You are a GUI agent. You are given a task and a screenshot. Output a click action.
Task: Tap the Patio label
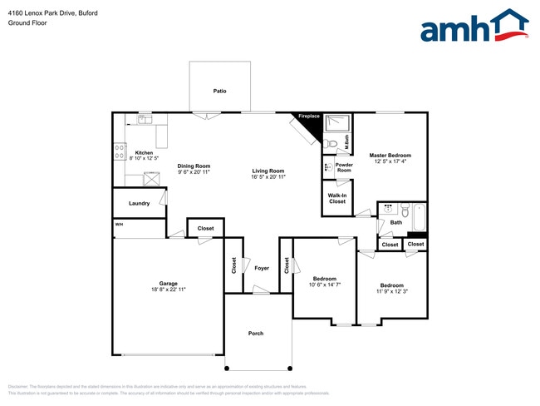pos(219,91)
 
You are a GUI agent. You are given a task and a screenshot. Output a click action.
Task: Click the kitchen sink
pos(143,120)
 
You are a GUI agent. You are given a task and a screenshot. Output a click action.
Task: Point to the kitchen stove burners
pos(119,152)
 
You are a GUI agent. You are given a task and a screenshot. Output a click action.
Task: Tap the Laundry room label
pos(139,203)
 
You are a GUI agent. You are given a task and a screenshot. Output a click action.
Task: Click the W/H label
pos(119,224)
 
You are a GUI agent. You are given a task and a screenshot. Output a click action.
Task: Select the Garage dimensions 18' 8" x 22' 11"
pos(169,290)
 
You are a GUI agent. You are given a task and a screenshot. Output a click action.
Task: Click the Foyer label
pos(261,268)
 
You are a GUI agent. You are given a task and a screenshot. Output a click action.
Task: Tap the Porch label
pos(256,333)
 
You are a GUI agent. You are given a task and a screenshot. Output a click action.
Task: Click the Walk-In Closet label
pos(337,198)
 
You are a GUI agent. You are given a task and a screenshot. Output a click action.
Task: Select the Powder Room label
pos(344,167)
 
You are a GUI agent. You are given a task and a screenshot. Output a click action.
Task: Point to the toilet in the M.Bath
pos(332,144)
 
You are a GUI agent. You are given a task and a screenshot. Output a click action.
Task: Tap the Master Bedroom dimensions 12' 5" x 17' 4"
pos(390,162)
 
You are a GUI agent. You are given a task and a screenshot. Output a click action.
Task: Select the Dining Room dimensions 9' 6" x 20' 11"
pos(194,172)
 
